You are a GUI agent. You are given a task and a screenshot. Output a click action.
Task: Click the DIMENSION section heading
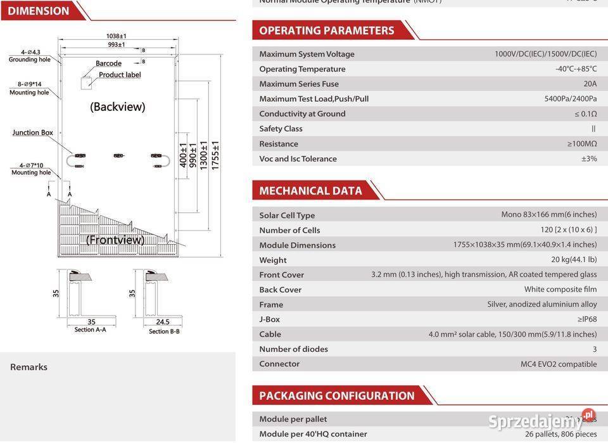39,11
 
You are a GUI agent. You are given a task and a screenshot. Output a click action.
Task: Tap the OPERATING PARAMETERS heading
326,30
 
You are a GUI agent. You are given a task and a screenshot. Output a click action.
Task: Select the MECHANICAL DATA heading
310,191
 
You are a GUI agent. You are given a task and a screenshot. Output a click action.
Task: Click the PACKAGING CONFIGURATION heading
336,395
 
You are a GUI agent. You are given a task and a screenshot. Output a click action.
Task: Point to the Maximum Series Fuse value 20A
590,84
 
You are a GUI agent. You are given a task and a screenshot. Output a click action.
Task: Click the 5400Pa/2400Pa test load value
570,99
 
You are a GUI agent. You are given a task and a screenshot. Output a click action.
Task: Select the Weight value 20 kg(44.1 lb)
574,260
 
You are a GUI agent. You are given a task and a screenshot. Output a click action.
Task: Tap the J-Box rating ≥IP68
586,319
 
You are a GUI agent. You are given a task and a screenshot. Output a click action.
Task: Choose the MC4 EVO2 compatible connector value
559,364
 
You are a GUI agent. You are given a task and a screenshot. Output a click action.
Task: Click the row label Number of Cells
289,230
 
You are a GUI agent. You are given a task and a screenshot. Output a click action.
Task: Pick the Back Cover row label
280,290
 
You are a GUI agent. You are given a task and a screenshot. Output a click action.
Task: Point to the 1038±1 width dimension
117,36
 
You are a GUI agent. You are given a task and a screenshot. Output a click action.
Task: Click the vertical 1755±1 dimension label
216,155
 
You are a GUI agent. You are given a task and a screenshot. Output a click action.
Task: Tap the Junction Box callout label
33,132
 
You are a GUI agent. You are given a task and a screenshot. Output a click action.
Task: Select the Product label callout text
120,75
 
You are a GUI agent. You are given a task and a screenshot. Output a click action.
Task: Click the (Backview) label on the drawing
117,106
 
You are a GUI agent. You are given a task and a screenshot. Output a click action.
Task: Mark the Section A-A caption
90,330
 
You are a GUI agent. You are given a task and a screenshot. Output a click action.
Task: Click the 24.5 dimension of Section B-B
162,322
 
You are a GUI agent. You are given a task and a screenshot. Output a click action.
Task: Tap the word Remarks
28,367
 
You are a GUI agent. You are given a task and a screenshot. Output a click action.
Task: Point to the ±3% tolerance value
589,158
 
